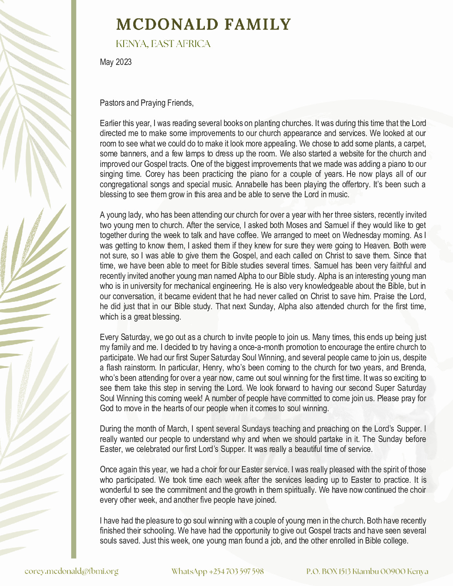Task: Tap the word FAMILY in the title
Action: tap(257, 25)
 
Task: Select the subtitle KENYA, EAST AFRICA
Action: tap(163, 44)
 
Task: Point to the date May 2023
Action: tap(116, 62)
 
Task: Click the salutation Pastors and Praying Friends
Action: tap(147, 103)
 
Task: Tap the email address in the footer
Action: tap(71, 571)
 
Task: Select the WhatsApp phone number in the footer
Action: tap(217, 571)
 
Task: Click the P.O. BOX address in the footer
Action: tap(367, 571)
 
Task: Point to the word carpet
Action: tap(413, 144)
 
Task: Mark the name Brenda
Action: tap(413, 368)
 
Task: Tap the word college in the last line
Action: tap(394, 541)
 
